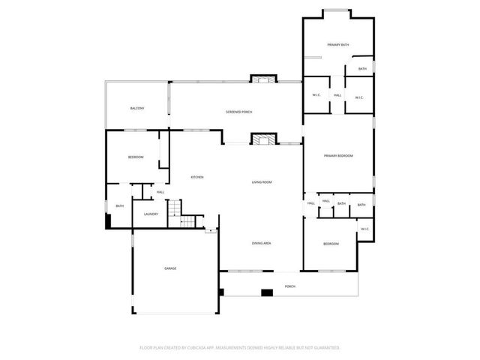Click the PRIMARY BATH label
click(x=337, y=45)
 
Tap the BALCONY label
click(x=136, y=109)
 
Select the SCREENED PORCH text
click(x=238, y=112)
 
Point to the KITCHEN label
click(x=197, y=177)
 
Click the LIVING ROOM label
click(x=261, y=182)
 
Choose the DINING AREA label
click(x=261, y=244)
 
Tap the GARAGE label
click(x=170, y=268)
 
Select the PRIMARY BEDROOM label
click(x=338, y=155)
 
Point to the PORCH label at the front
click(x=289, y=286)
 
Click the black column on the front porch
click(x=265, y=293)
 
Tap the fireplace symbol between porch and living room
click(x=259, y=140)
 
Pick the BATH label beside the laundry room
click(x=119, y=206)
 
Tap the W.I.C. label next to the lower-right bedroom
click(x=364, y=229)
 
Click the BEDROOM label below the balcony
click(x=135, y=157)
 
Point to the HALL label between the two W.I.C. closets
click(x=337, y=96)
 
